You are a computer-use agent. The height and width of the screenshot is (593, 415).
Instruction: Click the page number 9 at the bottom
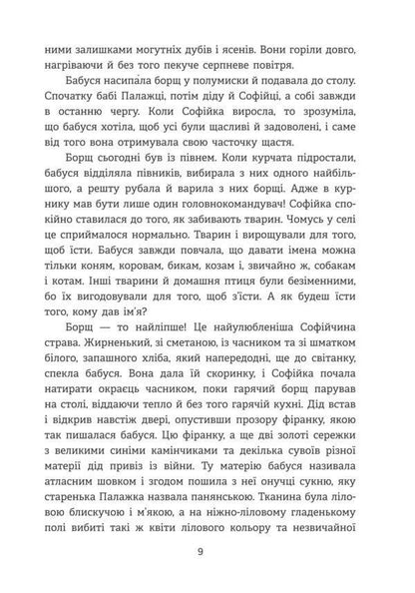click(207, 549)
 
